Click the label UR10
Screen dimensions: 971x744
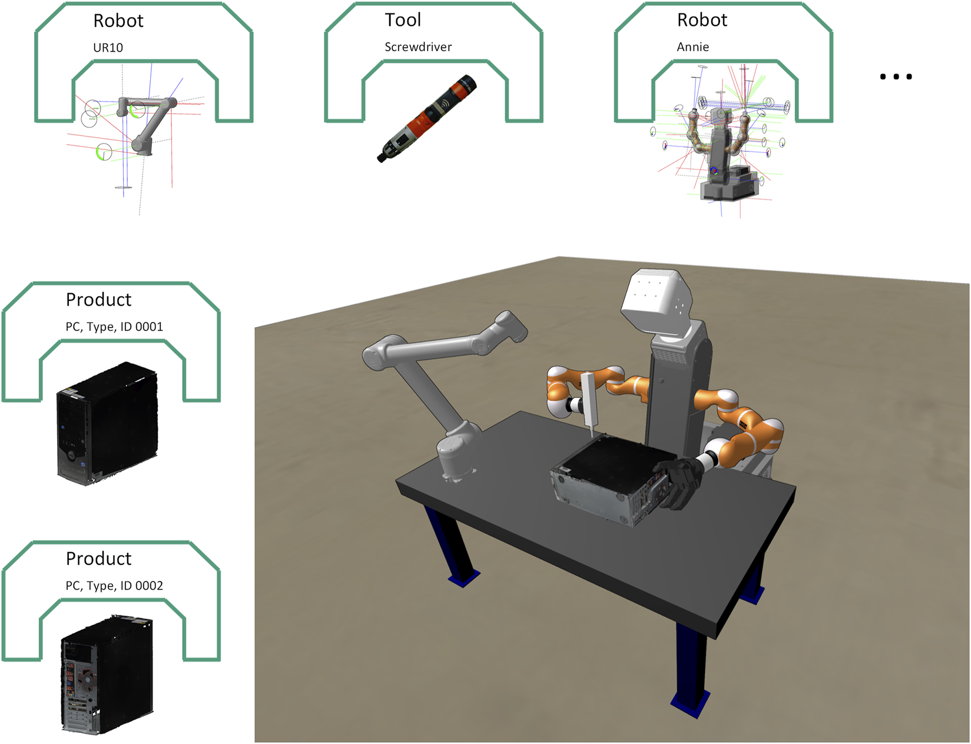click(108, 47)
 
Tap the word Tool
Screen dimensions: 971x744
click(403, 20)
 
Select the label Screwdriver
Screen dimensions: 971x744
click(418, 47)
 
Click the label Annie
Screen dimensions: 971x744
click(692, 47)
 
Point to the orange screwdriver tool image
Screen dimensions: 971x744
click(427, 118)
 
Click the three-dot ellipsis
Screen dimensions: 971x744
click(896, 77)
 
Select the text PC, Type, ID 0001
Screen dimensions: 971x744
click(114, 327)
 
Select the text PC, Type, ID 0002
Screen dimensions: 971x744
click(114, 586)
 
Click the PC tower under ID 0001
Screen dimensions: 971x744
click(107, 423)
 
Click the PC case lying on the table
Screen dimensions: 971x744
click(614, 480)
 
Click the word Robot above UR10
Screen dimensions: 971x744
click(118, 21)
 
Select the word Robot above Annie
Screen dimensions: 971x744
click(702, 20)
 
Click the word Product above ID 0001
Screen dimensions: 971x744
click(99, 300)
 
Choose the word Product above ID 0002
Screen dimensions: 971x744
click(99, 559)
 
